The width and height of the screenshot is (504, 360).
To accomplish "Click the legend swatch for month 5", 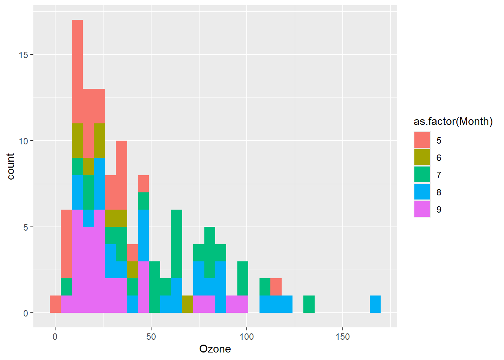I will click(422, 140).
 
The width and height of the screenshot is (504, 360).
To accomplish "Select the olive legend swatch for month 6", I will click(422, 157).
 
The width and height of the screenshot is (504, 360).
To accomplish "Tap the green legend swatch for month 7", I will click(422, 175).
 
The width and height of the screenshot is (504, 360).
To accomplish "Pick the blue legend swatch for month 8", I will click(422, 192).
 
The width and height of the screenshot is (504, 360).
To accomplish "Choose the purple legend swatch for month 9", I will click(422, 209).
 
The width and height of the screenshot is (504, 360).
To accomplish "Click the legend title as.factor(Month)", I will click(453, 121).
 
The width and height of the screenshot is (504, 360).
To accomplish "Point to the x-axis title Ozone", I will click(215, 349).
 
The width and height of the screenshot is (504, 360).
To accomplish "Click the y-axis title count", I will click(10, 166).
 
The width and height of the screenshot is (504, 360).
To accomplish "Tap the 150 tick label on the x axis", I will click(342, 337).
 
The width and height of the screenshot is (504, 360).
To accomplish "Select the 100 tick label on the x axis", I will click(247, 337).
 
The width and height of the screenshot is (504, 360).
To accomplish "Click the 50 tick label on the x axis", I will click(151, 337).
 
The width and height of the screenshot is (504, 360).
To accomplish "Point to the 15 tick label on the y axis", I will click(23, 55).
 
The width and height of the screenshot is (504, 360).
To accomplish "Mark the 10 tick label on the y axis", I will click(23, 141).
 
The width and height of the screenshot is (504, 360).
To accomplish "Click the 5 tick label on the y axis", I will click(25, 227).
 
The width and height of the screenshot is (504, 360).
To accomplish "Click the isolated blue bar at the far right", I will click(375, 304).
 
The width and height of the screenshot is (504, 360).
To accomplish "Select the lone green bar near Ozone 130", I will click(309, 304).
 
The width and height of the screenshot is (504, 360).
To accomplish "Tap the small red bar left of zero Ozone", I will click(55, 304).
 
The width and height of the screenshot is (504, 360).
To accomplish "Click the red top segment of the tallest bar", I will click(77, 71).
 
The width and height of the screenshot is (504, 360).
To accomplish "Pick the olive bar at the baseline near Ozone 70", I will click(187, 304).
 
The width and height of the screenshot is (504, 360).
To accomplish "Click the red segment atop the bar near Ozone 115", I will click(276, 287).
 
